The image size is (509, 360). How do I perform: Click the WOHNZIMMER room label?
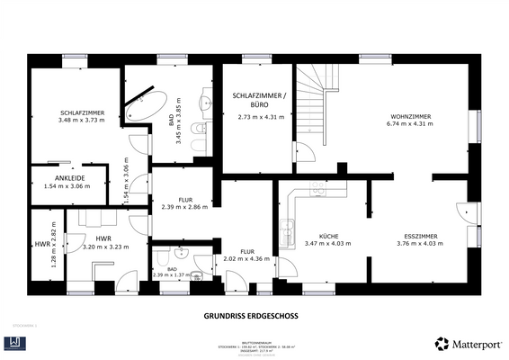pos(410,116)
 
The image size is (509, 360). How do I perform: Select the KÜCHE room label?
pos(322,236)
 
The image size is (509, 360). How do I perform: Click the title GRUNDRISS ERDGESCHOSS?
pos(253,316)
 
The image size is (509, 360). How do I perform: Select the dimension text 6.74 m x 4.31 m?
pos(410,124)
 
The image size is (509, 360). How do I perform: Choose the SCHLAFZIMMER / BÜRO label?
pos(260,100)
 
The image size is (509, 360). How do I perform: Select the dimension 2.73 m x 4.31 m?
pos(260,117)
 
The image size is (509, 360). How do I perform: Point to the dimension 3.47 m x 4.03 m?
pos(322,244)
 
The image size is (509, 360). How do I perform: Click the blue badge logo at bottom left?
pos(18,343)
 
